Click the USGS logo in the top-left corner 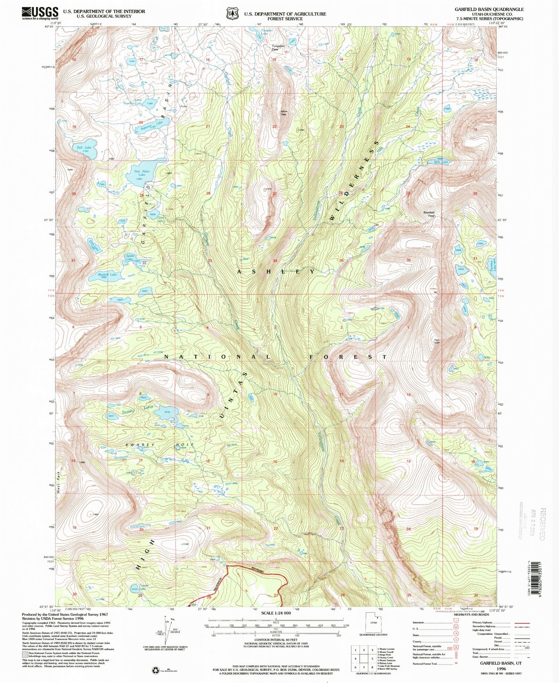[40, 13]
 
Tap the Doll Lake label [84, 148]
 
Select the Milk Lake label [441, 162]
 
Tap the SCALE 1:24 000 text [276, 613]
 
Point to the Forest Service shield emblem [232, 14]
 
